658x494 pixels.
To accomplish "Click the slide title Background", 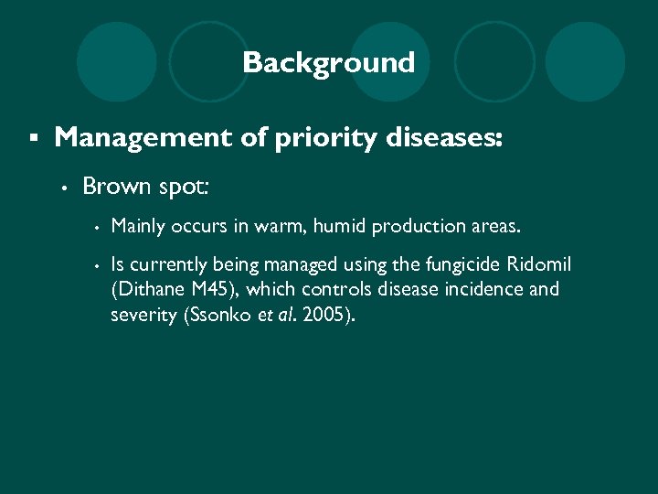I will [328, 63].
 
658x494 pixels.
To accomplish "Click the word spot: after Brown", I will [183, 188].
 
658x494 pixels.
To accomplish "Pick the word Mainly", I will [138, 225].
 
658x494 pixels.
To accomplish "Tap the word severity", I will [141, 316].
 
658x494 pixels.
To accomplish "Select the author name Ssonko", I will [216, 316].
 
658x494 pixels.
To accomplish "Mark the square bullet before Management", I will [33, 138].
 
